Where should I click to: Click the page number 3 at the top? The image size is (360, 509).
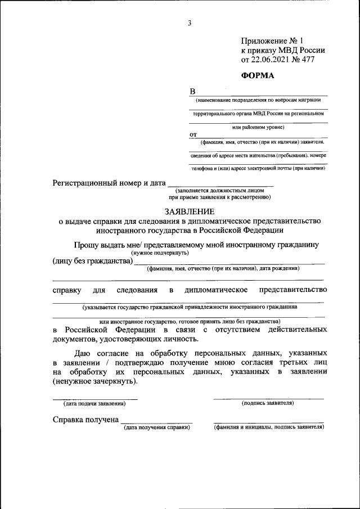pyautogui.click(x=190, y=23)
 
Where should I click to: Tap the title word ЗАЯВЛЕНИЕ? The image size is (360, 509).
pyautogui.click(x=189, y=211)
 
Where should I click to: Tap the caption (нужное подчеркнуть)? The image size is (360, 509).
pyautogui.click(x=161, y=253)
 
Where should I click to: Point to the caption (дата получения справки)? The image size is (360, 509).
pyautogui.click(x=157, y=428)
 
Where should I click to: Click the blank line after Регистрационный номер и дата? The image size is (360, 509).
pyautogui.click(x=220, y=184)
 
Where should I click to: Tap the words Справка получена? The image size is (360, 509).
pyautogui.click(x=85, y=420)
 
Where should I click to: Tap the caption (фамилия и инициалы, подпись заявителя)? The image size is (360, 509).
pyautogui.click(x=268, y=428)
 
